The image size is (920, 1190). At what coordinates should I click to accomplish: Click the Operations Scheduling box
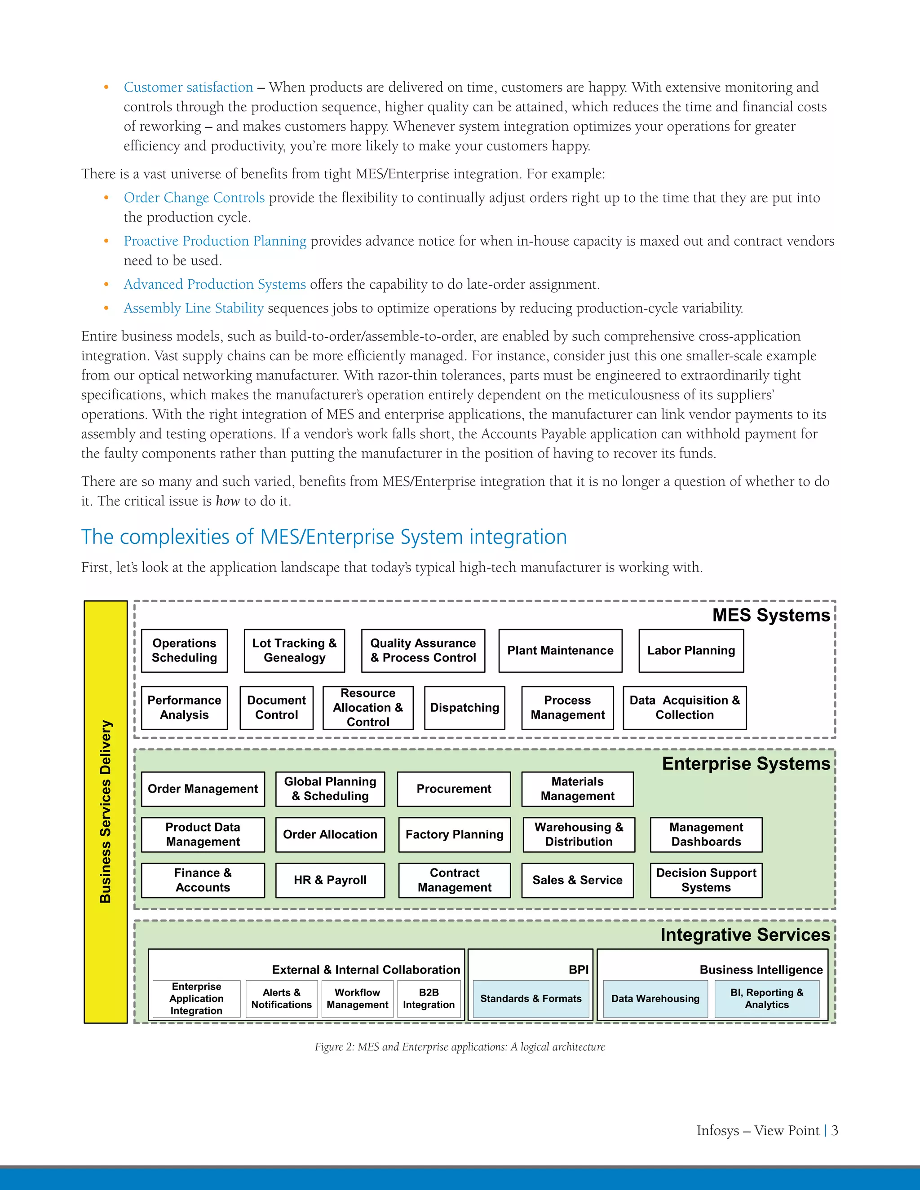(x=184, y=651)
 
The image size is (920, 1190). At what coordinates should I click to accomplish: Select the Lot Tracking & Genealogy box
(x=294, y=651)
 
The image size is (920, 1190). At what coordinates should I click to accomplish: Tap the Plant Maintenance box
(x=560, y=651)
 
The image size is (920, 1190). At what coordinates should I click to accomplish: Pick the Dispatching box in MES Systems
(x=464, y=708)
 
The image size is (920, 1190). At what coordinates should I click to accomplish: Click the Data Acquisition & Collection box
(x=685, y=708)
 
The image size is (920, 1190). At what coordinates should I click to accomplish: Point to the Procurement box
(x=453, y=789)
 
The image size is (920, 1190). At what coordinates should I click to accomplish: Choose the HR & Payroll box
(x=330, y=880)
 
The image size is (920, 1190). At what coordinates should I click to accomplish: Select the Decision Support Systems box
(x=706, y=880)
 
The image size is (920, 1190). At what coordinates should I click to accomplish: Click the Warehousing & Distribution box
(x=579, y=834)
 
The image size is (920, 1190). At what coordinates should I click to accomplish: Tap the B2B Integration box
(x=429, y=998)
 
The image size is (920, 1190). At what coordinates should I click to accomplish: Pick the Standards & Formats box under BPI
(x=531, y=999)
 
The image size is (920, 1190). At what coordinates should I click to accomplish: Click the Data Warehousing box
(x=655, y=999)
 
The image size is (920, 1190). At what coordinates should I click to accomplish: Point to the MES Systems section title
(x=771, y=615)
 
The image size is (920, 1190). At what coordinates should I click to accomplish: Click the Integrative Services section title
(x=745, y=934)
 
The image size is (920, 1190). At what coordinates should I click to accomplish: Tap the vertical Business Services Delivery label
(x=106, y=811)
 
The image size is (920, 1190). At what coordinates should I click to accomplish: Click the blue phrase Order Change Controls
(x=194, y=198)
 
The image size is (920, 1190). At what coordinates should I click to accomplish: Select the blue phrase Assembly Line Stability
(x=194, y=309)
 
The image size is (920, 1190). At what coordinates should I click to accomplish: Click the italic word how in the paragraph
(x=227, y=501)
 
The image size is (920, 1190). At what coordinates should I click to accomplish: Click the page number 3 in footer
(x=835, y=1131)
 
